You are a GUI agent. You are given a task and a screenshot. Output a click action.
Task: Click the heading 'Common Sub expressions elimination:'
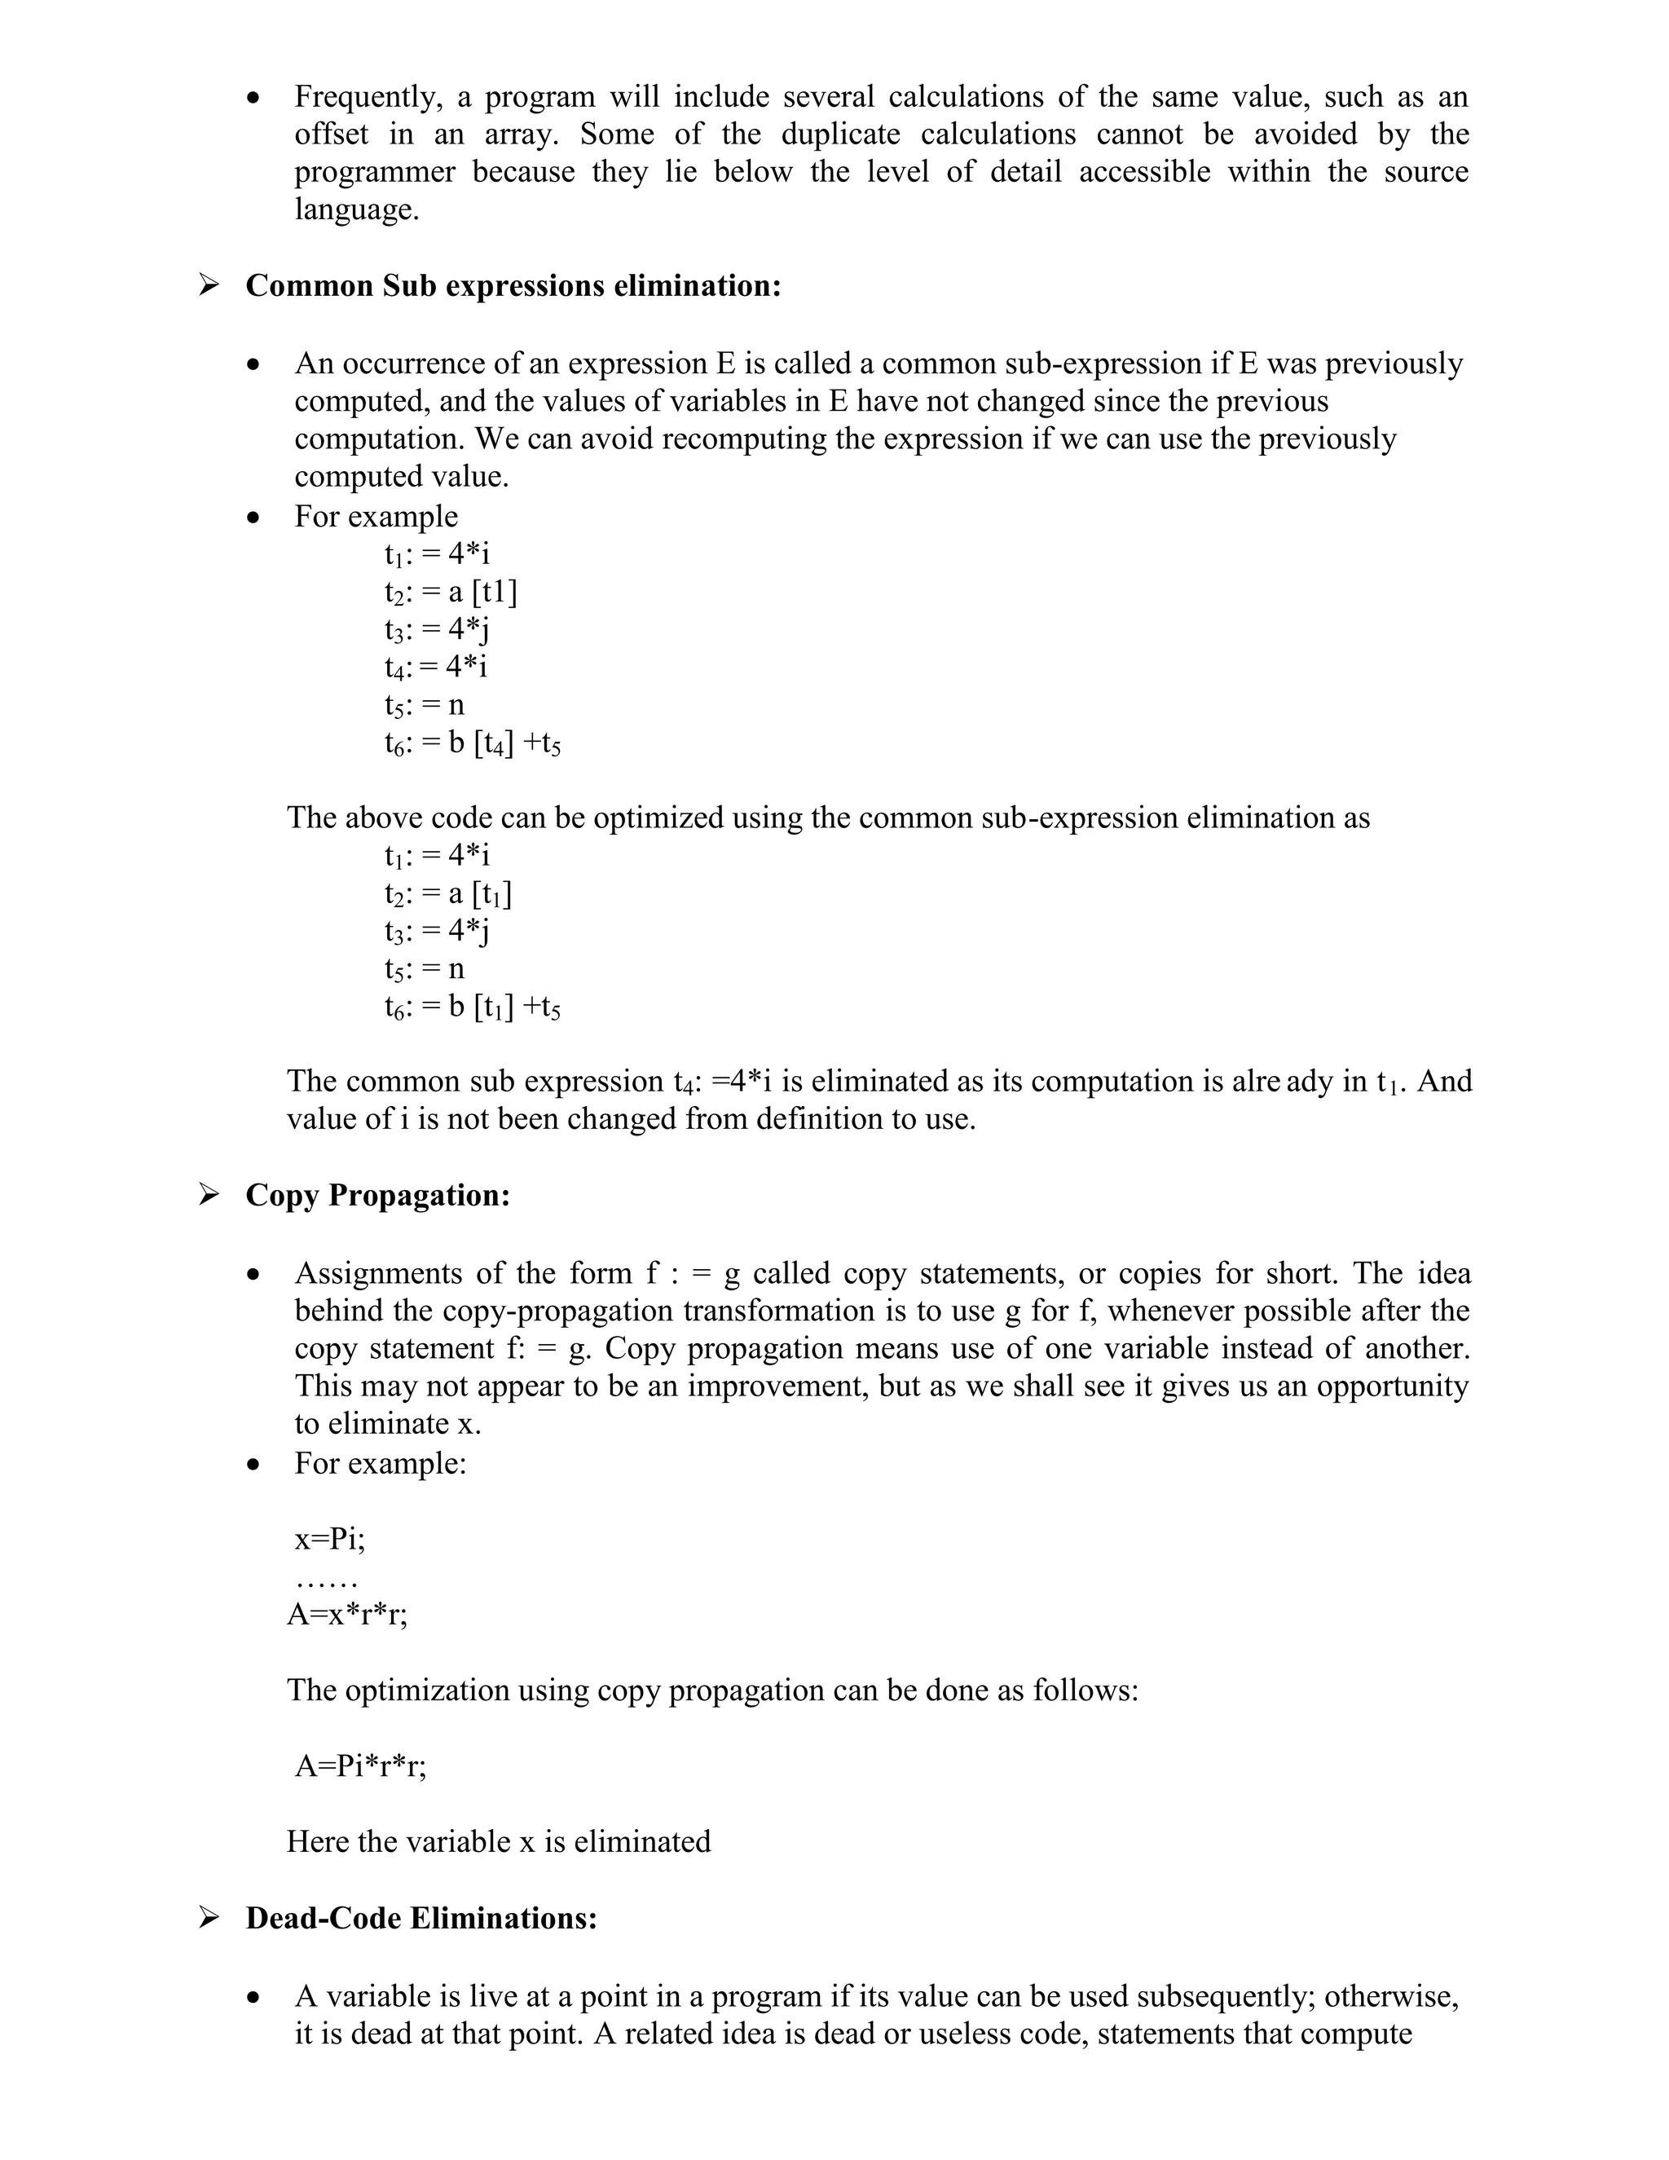(513, 286)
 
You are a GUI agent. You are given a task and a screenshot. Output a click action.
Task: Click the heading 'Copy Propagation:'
(377, 1195)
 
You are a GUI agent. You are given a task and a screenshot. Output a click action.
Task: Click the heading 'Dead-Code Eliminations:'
(421, 1918)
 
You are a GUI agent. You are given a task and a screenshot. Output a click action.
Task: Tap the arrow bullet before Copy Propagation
(209, 1195)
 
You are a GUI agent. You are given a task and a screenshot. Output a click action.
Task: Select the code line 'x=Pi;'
(329, 1539)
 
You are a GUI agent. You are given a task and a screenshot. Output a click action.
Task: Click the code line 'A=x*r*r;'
(347, 1614)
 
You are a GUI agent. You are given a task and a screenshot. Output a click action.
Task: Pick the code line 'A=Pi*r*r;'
(360, 1765)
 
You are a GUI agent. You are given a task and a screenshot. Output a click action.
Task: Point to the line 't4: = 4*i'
(436, 668)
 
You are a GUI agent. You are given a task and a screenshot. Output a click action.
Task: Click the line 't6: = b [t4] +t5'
(473, 743)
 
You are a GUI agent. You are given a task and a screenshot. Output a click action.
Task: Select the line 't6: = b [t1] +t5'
(473, 1007)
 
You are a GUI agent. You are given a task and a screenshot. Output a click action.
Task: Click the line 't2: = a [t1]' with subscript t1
(448, 894)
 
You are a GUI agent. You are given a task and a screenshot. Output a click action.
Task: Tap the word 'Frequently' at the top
(363, 97)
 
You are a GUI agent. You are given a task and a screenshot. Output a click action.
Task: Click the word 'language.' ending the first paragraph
(356, 209)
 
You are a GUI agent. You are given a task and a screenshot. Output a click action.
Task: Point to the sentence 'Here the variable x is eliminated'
(498, 1841)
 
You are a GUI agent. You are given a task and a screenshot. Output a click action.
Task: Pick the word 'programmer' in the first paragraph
(375, 172)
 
